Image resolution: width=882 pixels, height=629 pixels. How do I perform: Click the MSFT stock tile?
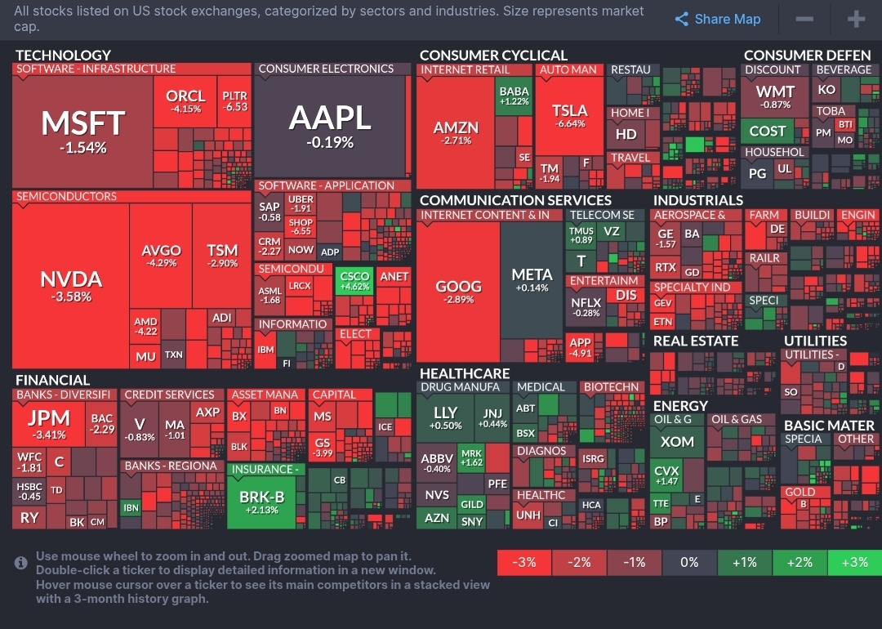coord(82,131)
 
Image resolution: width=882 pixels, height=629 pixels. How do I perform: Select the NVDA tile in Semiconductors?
coord(71,286)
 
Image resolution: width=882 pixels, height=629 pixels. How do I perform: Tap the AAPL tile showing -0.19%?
coord(330,126)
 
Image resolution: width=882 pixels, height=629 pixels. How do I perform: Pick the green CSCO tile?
coord(354,281)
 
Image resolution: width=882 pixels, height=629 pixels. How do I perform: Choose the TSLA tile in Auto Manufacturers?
coord(569,116)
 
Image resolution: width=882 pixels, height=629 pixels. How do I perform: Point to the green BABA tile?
coord(514,96)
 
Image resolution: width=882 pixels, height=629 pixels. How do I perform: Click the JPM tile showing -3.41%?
coord(48,423)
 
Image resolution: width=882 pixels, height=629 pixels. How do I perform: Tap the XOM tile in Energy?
coord(677,442)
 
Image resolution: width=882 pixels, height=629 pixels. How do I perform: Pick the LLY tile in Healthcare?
coord(445,417)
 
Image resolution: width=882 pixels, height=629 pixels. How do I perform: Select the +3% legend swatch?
coord(854,562)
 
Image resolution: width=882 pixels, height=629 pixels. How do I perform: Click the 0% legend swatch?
coord(689,562)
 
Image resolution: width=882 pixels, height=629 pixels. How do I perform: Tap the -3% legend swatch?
coord(524,562)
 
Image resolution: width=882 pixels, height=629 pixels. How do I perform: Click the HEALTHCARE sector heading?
coord(464,373)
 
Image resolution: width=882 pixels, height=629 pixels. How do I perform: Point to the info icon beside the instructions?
coord(21,562)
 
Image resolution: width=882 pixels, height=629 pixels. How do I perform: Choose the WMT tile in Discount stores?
coord(774,96)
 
